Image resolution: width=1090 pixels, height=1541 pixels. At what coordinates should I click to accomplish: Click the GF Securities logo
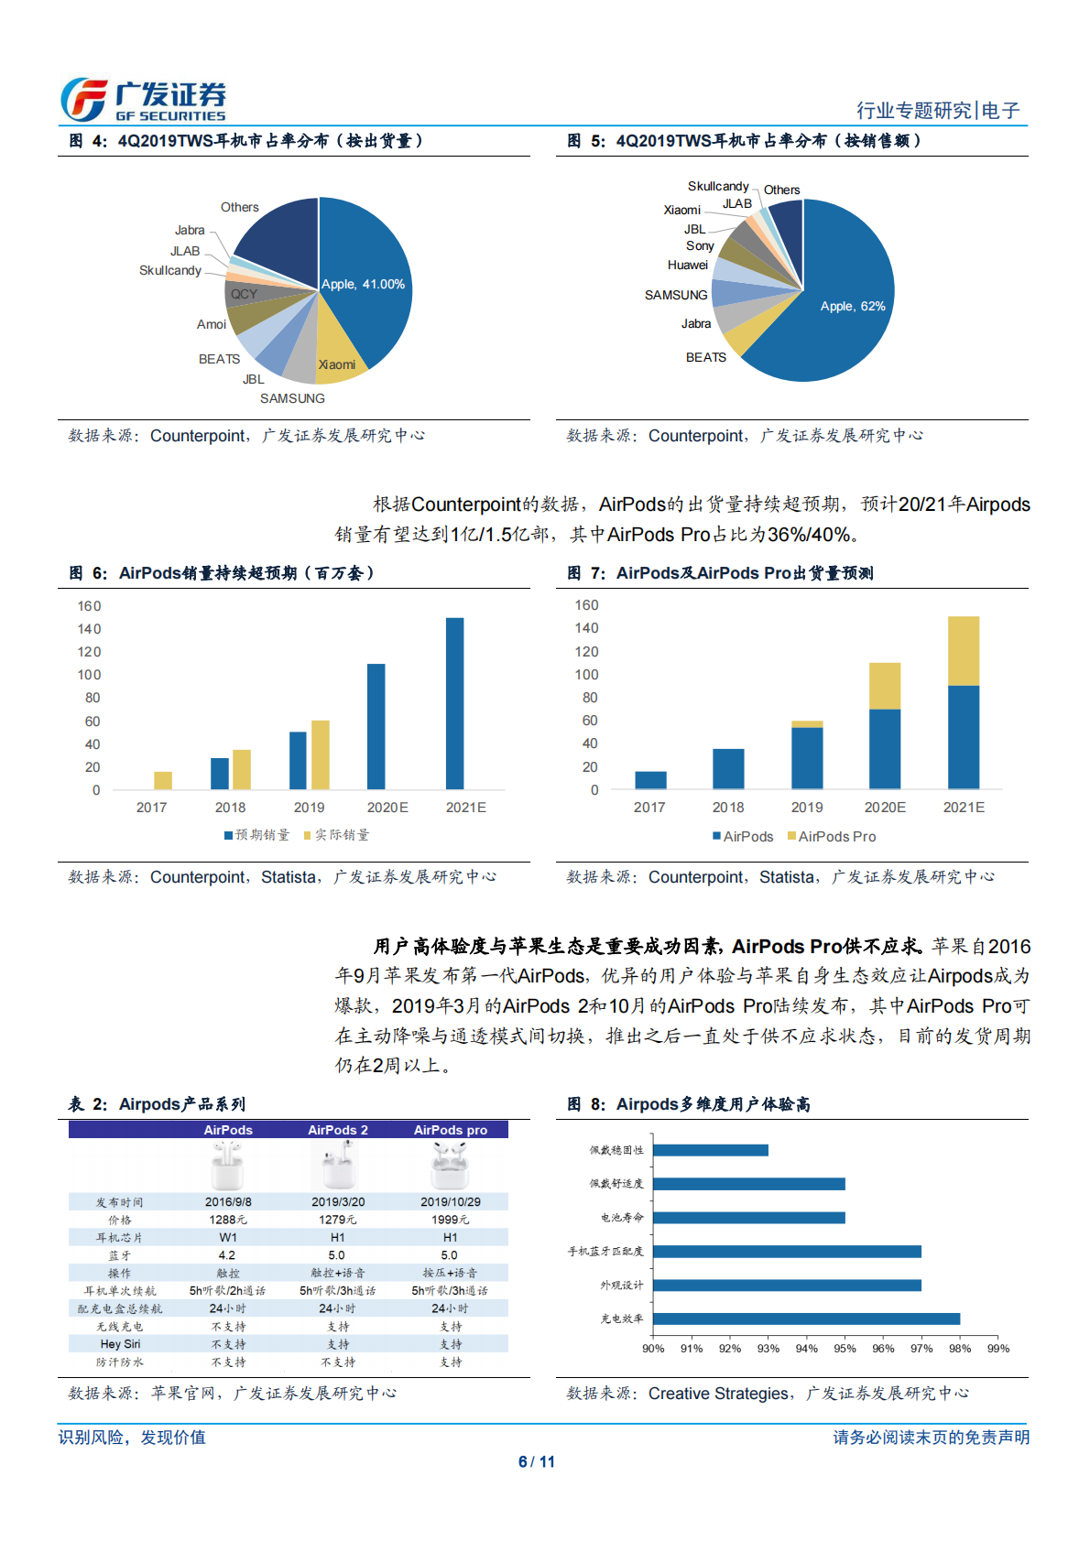(143, 100)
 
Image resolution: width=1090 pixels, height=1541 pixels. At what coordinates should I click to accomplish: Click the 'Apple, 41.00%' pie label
(363, 285)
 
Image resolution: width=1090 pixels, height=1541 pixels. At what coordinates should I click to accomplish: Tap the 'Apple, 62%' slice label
(852, 307)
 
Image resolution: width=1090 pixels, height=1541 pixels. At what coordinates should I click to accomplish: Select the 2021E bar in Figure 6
(454, 703)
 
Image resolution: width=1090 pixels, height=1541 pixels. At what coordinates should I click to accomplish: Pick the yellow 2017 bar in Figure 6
(163, 780)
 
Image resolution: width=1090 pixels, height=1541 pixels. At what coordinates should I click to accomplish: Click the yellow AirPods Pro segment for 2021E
(963, 651)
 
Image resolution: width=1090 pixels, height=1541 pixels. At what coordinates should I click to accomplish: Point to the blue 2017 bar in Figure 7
(650, 780)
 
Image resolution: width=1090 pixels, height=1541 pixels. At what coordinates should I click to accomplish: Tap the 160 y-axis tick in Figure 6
(90, 606)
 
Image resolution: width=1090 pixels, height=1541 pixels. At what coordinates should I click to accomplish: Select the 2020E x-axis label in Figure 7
(885, 808)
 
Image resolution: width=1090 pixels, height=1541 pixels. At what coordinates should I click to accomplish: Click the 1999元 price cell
(450, 1220)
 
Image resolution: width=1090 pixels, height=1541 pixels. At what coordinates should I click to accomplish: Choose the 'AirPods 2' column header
(338, 1130)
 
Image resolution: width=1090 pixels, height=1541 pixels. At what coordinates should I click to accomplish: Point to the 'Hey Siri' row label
(120, 1344)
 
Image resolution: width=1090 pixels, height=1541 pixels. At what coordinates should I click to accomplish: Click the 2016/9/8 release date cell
(228, 1202)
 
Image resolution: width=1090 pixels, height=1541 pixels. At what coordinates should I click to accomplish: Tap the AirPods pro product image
(450, 1165)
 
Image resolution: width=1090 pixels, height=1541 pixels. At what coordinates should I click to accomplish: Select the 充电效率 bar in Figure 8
(806, 1319)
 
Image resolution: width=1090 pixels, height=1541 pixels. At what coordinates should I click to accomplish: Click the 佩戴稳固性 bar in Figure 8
(711, 1150)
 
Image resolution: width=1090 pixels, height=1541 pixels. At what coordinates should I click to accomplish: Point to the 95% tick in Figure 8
(845, 1349)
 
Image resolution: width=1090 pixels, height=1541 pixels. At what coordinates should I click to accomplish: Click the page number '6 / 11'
(537, 1462)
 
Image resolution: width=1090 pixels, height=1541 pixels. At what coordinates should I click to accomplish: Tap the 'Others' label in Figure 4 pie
(239, 208)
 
